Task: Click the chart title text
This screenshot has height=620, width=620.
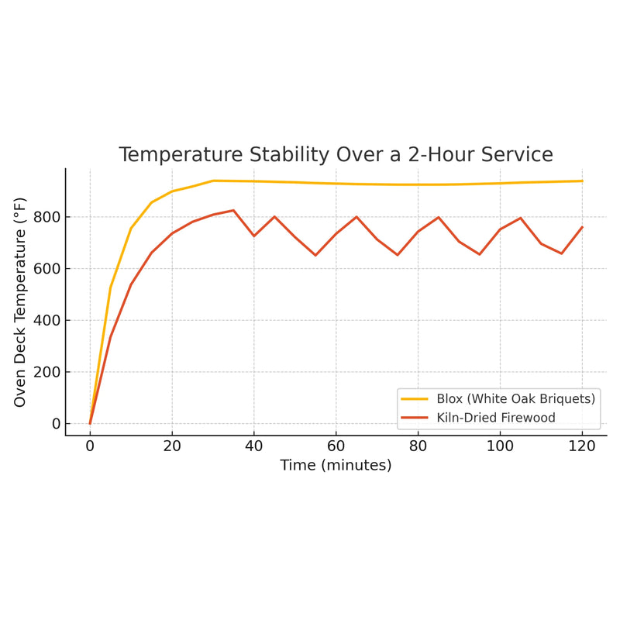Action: [x=336, y=154]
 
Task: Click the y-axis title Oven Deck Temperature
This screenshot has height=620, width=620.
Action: [x=21, y=303]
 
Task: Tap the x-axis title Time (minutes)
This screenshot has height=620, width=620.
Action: [x=336, y=465]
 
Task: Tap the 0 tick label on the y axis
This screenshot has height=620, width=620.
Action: [x=55, y=424]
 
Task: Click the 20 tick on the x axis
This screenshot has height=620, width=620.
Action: [x=172, y=446]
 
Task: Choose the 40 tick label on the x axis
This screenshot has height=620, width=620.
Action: [x=254, y=446]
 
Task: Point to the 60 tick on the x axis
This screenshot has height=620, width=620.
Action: [x=336, y=446]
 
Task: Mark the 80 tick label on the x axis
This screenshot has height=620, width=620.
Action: [x=418, y=446]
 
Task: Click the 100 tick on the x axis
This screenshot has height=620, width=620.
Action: [x=500, y=446]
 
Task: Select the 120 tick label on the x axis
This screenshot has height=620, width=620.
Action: [x=582, y=446]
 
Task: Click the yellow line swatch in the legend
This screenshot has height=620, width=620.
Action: [x=414, y=399]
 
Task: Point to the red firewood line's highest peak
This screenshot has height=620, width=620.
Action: [x=233, y=210]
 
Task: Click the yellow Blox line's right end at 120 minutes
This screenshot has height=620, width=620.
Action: [x=582, y=181]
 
